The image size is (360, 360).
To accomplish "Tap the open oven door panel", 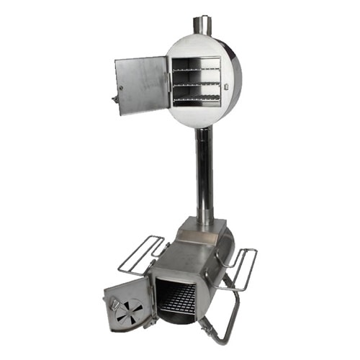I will coord(142,84).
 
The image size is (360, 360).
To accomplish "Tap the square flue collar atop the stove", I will coord(201,225).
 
